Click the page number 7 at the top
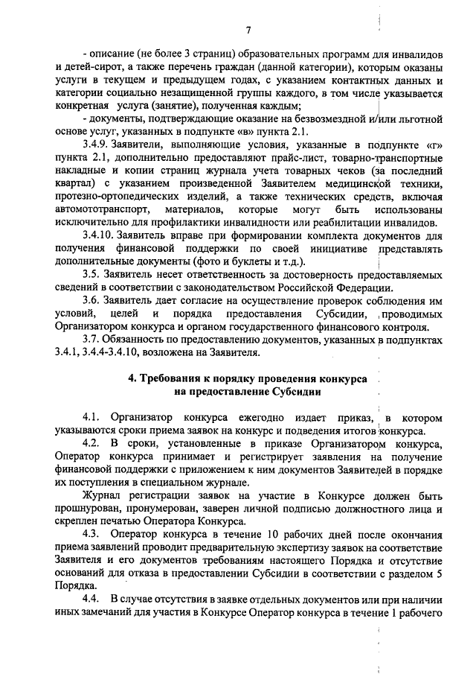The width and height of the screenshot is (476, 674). click(x=249, y=29)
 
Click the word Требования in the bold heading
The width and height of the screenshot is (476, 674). click(x=178, y=378)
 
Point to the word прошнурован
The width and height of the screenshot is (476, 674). click(x=89, y=509)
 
